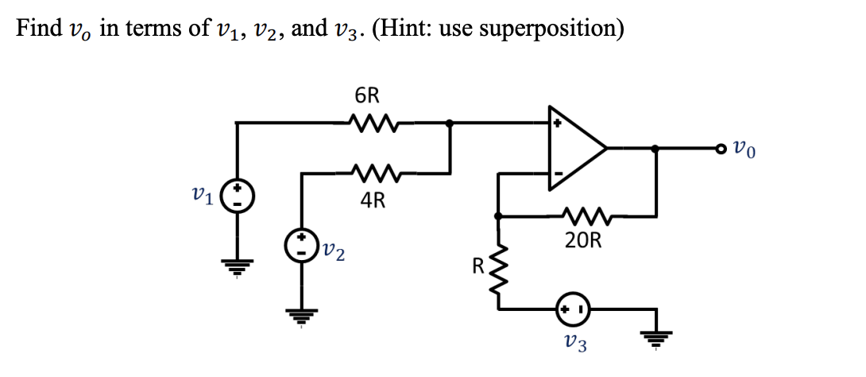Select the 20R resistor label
click(583, 242)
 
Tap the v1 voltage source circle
click(238, 195)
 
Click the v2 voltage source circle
click(303, 243)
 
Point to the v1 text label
click(204, 195)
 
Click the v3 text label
click(574, 344)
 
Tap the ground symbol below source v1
click(238, 264)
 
